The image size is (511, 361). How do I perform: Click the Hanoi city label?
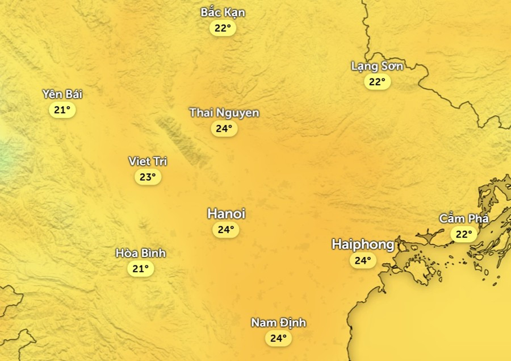point(226,214)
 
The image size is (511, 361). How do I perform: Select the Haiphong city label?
point(363,244)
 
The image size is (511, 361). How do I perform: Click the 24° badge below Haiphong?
point(362,261)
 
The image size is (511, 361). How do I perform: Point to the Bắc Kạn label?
point(223,13)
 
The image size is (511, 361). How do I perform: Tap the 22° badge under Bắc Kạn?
point(223,28)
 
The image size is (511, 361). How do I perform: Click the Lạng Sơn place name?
point(377,66)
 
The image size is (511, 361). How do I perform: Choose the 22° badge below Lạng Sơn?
point(377,82)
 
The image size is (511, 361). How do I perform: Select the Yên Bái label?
point(62,94)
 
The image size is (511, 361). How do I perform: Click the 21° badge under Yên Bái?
point(62,110)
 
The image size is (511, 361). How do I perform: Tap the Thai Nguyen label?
point(224,113)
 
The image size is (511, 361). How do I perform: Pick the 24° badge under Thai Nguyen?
point(224,128)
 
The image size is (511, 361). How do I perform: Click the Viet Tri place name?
point(148,161)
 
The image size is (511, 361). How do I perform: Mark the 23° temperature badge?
point(148,177)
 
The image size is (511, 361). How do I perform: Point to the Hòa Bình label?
point(141,253)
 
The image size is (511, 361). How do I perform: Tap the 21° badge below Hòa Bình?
point(140,269)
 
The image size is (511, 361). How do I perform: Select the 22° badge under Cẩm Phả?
point(464,234)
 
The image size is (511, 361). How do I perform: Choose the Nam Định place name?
point(279,323)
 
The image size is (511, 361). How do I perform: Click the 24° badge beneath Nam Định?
point(278,339)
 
